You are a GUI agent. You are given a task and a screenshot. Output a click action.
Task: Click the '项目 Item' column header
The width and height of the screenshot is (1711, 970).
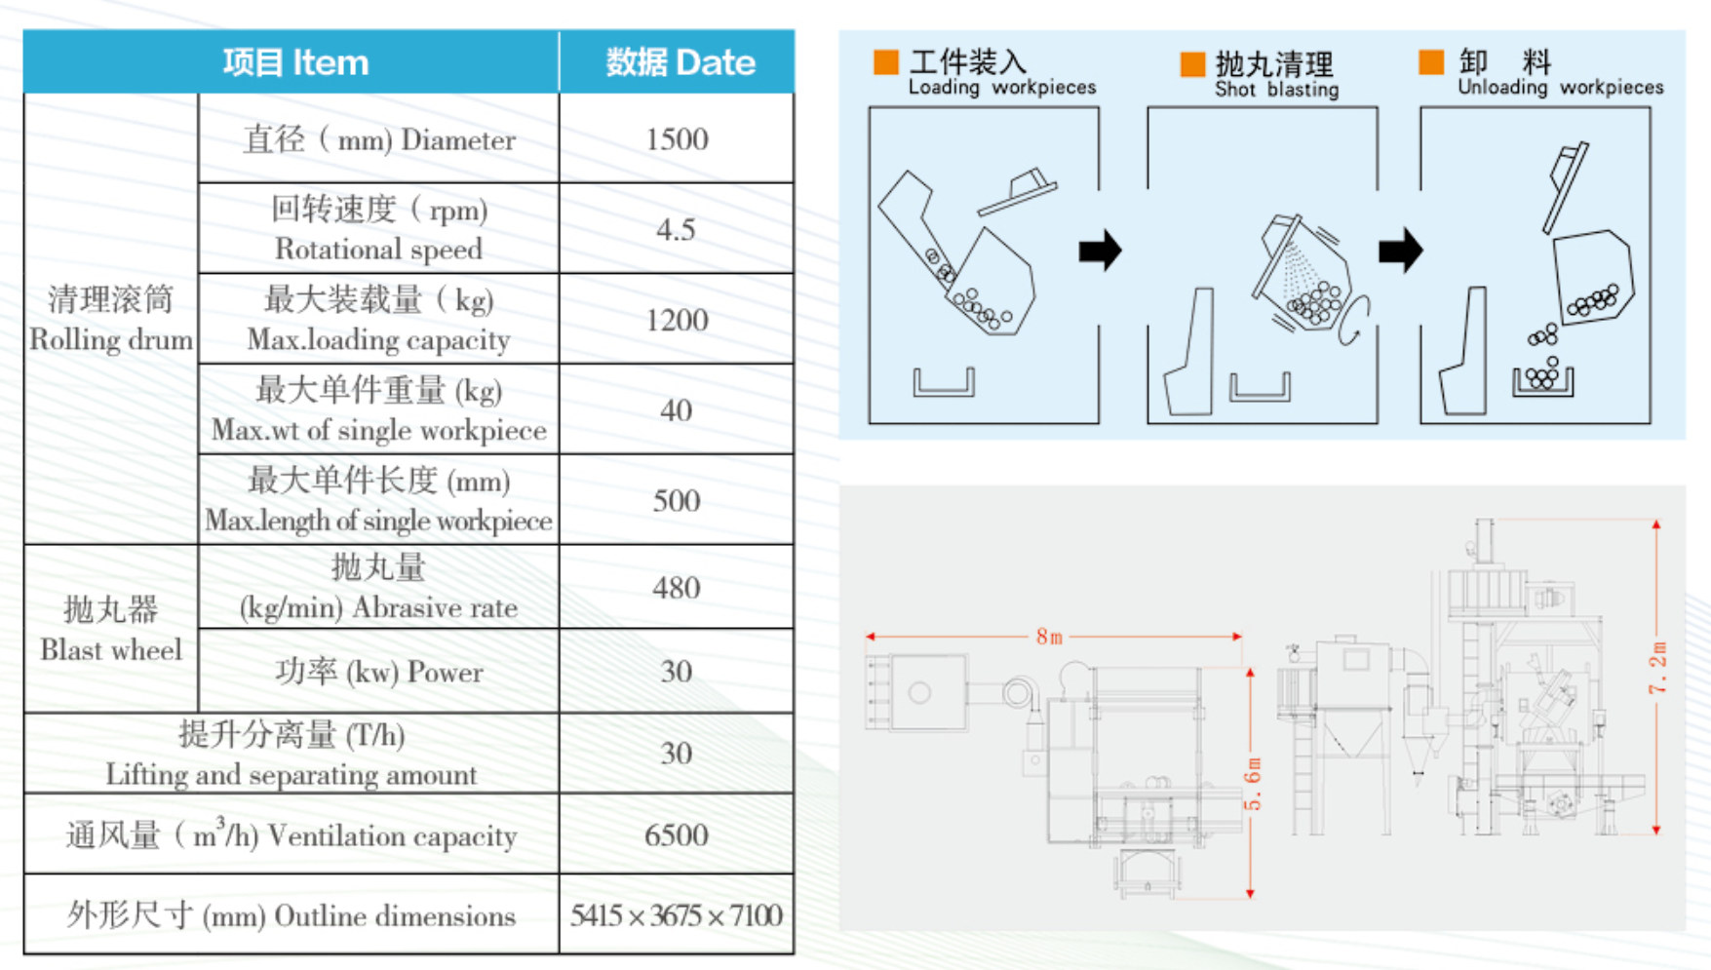[295, 62]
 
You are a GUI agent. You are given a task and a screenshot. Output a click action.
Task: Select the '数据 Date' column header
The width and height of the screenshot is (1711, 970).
[680, 62]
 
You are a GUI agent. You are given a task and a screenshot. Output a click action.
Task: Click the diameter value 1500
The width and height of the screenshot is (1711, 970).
[677, 138]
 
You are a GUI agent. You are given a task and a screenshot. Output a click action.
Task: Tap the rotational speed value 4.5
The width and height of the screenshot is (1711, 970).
[676, 229]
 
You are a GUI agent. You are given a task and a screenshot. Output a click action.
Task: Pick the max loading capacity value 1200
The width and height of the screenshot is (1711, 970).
[677, 320]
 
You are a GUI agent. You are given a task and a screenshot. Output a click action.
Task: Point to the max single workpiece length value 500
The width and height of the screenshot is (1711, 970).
[677, 500]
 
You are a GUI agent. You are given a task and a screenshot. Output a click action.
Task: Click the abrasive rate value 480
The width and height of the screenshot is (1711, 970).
[677, 588]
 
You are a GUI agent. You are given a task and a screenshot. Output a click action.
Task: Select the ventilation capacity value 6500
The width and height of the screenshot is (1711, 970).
[677, 834]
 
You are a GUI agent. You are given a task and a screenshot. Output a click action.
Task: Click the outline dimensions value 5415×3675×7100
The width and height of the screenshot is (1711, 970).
[677, 915]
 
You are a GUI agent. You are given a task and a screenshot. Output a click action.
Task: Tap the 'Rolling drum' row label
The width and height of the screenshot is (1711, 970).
[111, 339]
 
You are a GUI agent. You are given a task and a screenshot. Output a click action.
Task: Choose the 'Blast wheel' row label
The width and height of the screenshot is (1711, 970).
[111, 649]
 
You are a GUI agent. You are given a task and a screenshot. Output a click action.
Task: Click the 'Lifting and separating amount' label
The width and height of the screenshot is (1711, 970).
[292, 774]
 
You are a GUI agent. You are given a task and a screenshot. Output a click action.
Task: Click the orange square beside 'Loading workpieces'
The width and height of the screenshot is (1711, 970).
[886, 61]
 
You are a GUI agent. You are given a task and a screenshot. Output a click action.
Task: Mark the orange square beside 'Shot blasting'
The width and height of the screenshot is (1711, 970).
[1192, 64]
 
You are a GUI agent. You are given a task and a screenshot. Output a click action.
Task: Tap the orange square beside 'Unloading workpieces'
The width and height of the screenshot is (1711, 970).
[1431, 61]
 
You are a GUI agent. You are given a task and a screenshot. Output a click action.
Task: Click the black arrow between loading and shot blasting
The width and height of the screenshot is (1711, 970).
[1101, 251]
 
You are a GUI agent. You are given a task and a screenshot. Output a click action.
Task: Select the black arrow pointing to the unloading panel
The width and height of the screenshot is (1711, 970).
[1401, 251]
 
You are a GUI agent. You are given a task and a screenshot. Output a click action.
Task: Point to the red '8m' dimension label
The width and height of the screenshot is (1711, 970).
[1049, 637]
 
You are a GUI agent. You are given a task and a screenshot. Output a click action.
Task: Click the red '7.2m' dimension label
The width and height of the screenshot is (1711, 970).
[1658, 668]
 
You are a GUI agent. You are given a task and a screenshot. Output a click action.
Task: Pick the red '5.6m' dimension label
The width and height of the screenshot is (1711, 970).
[1253, 784]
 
